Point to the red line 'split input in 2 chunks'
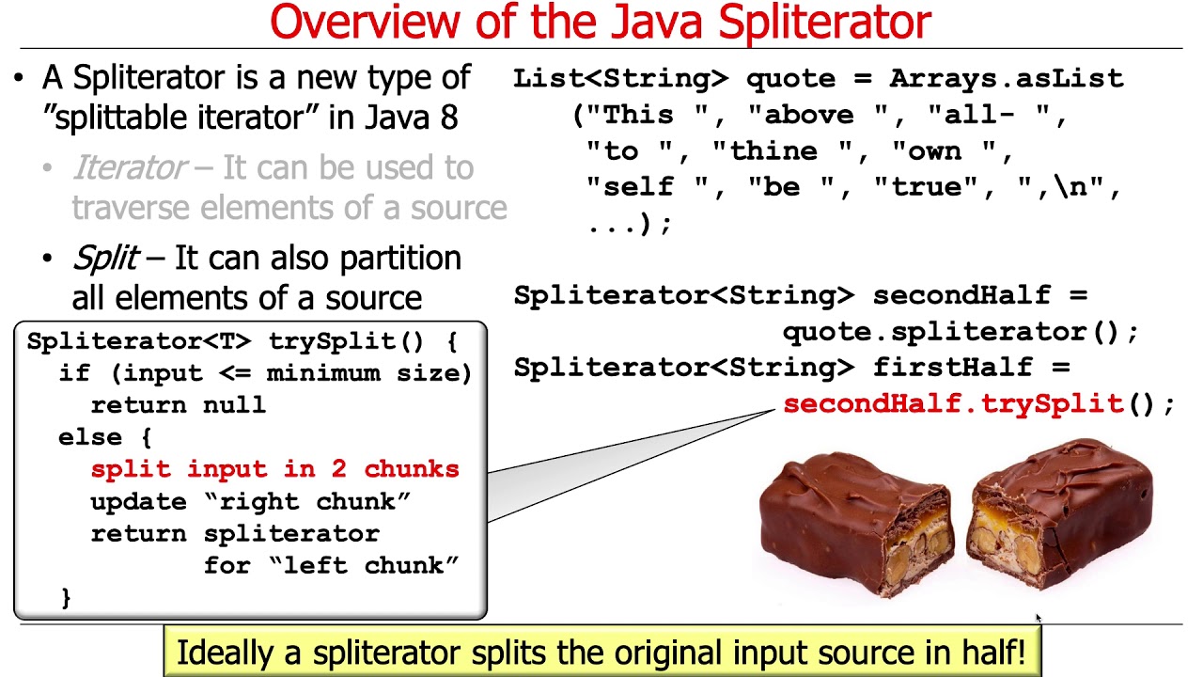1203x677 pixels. tap(274, 469)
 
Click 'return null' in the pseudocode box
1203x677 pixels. tap(178, 405)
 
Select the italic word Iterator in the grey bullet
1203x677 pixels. tap(129, 168)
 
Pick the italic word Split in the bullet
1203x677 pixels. tap(105, 258)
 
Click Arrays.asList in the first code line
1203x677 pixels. tap(1006, 79)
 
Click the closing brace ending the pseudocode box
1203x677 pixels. tap(66, 597)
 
